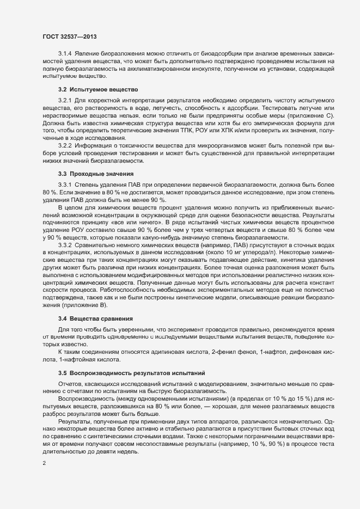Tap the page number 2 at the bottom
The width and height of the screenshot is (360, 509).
44,464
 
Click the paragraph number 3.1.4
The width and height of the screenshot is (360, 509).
65,53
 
